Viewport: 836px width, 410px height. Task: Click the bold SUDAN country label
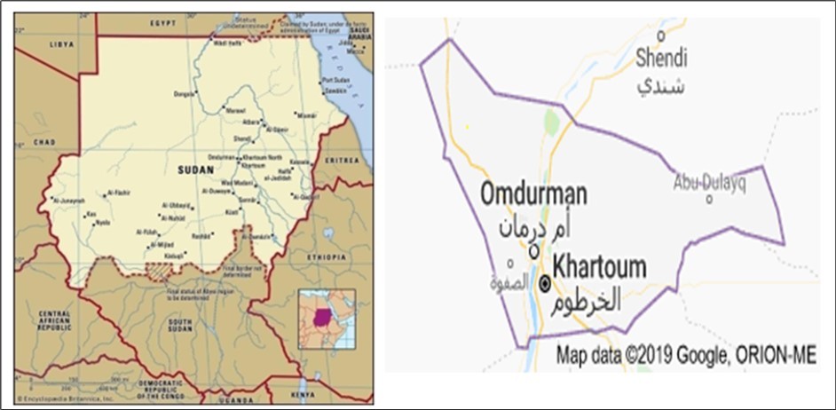pyautogui.click(x=195, y=169)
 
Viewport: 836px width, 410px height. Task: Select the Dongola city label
pyautogui.click(x=183, y=93)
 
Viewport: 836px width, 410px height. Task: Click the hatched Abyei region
pyautogui.click(x=160, y=268)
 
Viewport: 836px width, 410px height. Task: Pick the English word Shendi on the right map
pyautogui.click(x=662, y=59)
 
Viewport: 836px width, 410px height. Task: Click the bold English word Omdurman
pyautogui.click(x=534, y=193)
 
